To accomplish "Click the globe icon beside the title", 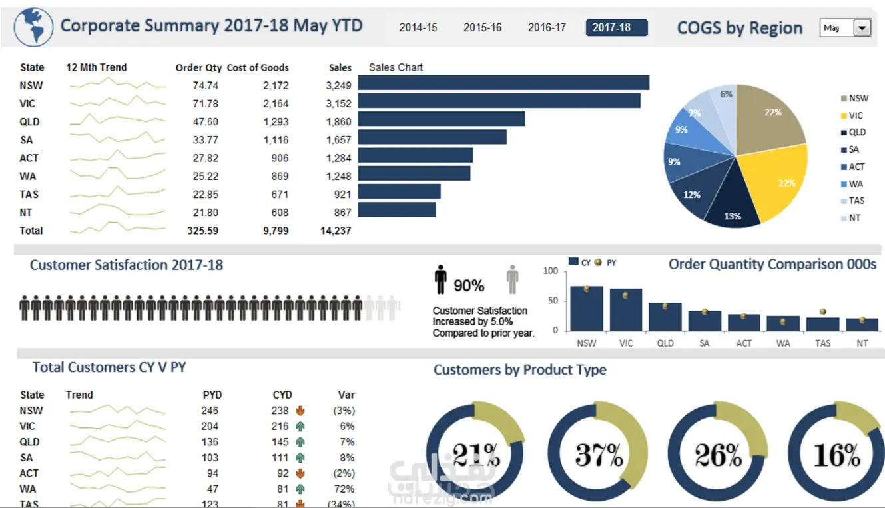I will (x=33, y=27).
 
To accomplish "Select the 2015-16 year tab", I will (x=482, y=28).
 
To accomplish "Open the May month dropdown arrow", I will (x=862, y=28).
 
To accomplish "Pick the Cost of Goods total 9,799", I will (x=275, y=231).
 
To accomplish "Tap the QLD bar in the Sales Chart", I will (x=441, y=119).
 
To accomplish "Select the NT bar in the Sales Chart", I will (x=396, y=209).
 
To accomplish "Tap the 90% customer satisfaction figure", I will (x=469, y=286).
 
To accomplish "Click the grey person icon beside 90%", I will (x=511, y=279).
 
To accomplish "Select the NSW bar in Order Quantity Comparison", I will (x=586, y=309).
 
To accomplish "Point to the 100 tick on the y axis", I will (x=551, y=271).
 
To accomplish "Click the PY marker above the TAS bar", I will (x=823, y=312).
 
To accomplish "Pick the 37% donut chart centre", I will (x=599, y=455).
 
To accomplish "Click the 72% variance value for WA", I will (x=346, y=489).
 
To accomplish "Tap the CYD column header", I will (x=282, y=395).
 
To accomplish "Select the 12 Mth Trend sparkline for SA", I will (x=117, y=140).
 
